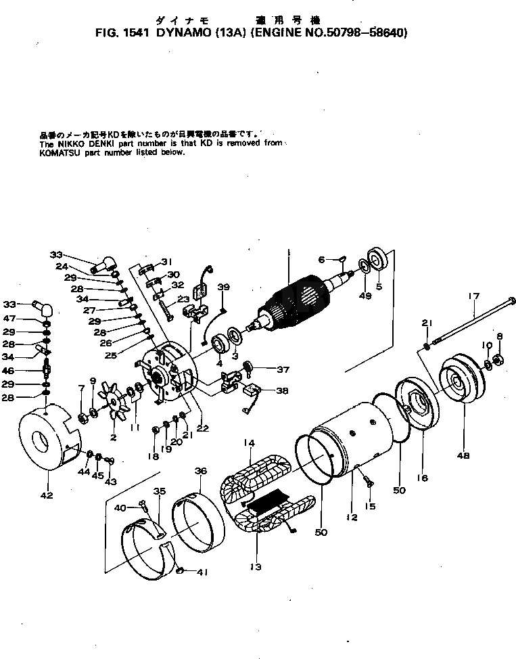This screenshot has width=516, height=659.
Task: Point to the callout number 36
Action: click(x=201, y=470)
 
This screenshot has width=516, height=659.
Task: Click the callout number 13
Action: click(x=255, y=566)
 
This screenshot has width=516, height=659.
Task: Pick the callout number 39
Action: click(x=223, y=288)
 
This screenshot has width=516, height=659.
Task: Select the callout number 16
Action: click(x=422, y=478)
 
